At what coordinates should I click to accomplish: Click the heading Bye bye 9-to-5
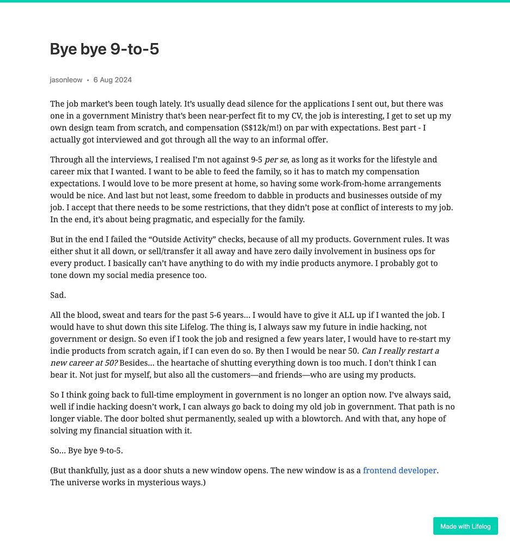pyautogui.click(x=104, y=49)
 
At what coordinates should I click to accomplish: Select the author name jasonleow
pyautogui.click(x=66, y=80)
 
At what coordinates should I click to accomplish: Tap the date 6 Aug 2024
pyautogui.click(x=112, y=80)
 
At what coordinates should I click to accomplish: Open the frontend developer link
pyautogui.click(x=399, y=470)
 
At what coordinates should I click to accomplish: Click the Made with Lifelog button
pyautogui.click(x=465, y=526)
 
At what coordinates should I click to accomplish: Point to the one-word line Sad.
pyautogui.click(x=58, y=295)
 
